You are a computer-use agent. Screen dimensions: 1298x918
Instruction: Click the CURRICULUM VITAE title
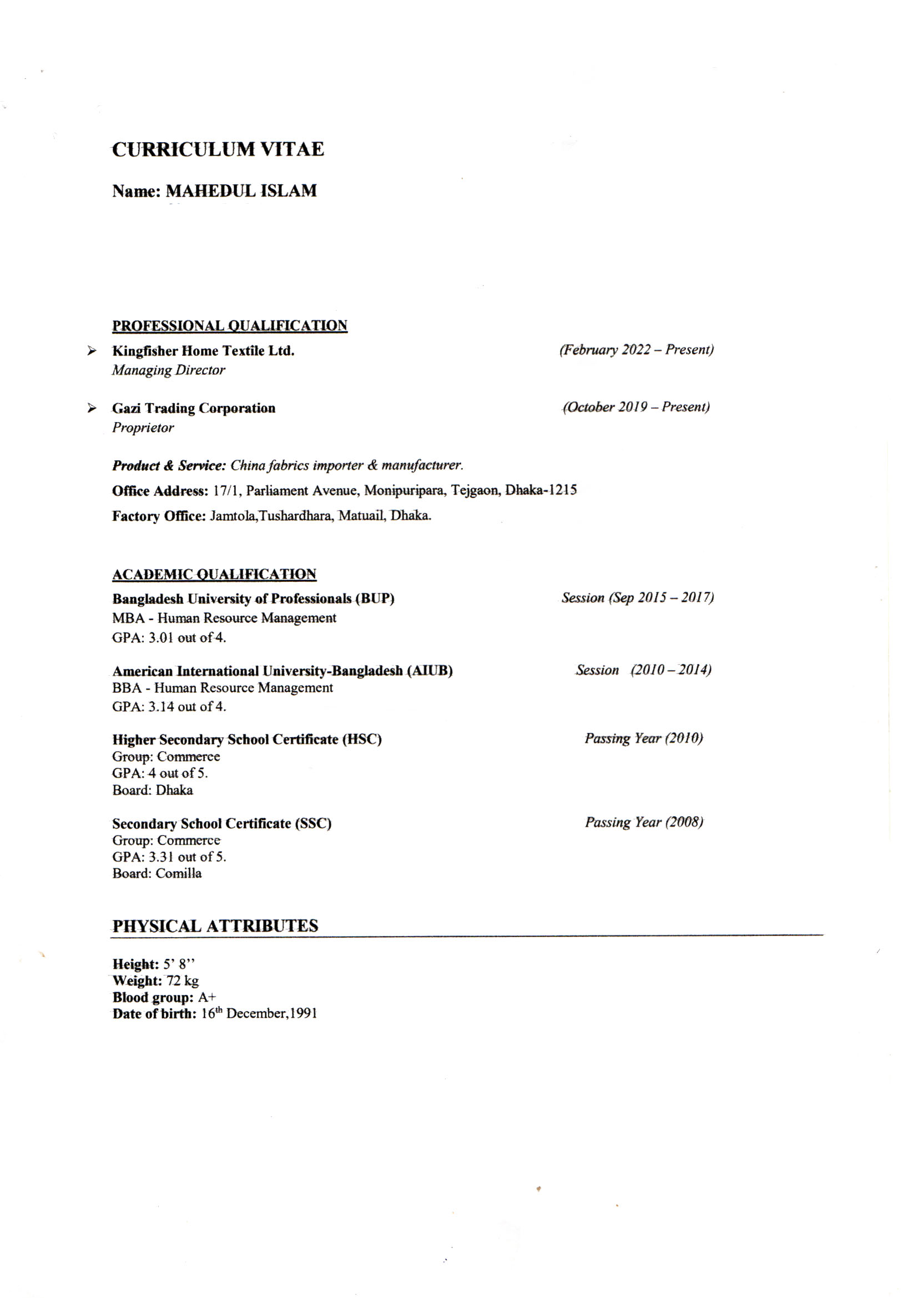coord(218,149)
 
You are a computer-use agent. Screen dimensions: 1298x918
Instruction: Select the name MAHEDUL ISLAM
coord(241,191)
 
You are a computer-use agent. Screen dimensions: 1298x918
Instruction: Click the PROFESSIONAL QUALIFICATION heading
coord(230,326)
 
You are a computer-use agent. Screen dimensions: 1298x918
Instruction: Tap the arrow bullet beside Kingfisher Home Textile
coord(92,351)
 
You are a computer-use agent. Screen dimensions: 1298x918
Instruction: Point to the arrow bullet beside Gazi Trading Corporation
coord(92,408)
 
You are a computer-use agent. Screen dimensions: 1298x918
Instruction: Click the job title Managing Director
coord(169,370)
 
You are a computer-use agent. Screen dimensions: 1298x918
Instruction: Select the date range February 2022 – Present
coord(637,350)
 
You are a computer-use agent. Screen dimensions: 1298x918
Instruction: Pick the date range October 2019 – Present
coord(636,407)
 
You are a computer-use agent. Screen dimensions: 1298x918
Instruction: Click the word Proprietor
coord(143,427)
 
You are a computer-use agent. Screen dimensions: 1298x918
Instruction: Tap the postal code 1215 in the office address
coord(564,490)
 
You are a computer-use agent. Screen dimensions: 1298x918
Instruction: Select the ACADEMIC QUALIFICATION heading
coord(214,575)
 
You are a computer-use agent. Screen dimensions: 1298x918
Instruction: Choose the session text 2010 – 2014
coord(671,670)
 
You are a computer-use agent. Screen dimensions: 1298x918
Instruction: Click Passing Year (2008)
coord(644,822)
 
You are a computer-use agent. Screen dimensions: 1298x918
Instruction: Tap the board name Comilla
coord(179,873)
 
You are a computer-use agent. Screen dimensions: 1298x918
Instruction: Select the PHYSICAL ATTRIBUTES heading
coord(215,926)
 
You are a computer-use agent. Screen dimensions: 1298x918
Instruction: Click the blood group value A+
coord(207,997)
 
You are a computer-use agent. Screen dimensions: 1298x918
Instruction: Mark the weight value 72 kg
coord(183,980)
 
